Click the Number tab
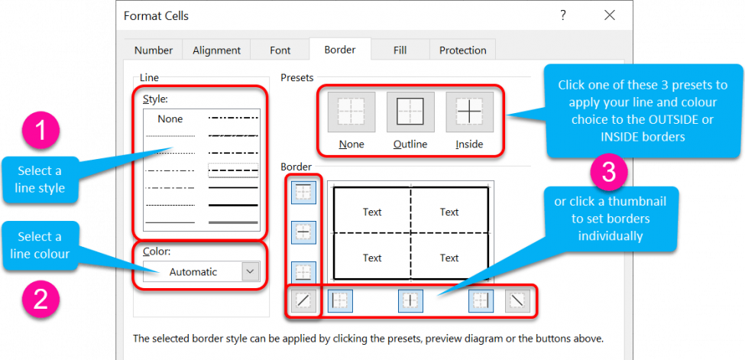[153, 50]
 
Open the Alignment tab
[216, 50]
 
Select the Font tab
[280, 50]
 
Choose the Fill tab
[400, 50]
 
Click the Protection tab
[462, 50]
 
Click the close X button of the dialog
[608, 15]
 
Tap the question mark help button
[562, 15]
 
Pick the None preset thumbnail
[351, 112]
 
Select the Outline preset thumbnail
[410, 112]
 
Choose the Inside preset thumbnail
[469, 112]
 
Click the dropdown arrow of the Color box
[250, 271]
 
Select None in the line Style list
[170, 119]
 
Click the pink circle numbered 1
[41, 131]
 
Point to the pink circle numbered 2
[41, 298]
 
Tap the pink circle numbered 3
[609, 174]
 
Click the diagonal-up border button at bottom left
[304, 301]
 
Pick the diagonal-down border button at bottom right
[517, 301]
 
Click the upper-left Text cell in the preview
[372, 212]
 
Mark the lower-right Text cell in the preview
[449, 258]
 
